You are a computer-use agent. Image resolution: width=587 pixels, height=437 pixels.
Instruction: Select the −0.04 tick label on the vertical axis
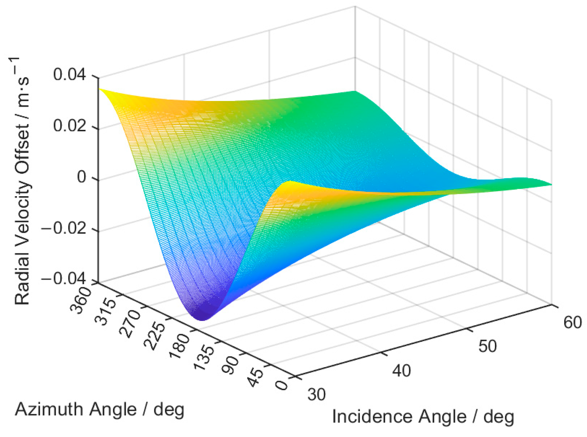pyautogui.click(x=64, y=279)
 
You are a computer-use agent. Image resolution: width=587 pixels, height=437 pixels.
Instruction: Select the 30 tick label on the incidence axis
pyautogui.click(x=316, y=394)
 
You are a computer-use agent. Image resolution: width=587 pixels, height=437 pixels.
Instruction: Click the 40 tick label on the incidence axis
pyautogui.click(x=401, y=371)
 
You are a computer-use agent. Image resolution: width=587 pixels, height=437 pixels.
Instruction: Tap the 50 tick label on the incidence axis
pyautogui.click(x=487, y=346)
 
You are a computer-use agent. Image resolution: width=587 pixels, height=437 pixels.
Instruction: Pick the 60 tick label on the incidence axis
pyautogui.click(x=572, y=323)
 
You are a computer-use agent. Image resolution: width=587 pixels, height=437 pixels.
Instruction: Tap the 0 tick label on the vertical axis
pyautogui.click(x=82, y=177)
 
